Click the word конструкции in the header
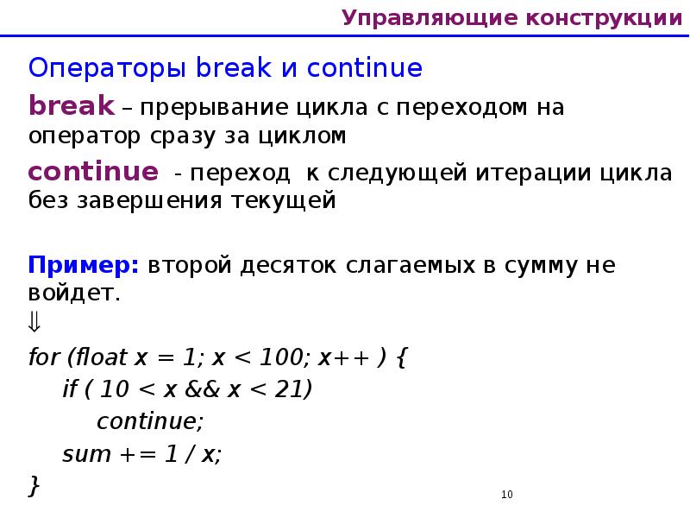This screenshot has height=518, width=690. click(603, 17)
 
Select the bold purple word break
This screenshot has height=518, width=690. click(72, 105)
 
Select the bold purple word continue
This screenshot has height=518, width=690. click(93, 170)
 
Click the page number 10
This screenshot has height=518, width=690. click(506, 495)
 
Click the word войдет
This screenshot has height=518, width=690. click(72, 293)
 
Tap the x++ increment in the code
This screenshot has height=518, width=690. click(337, 357)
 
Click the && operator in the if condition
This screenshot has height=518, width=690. click(204, 389)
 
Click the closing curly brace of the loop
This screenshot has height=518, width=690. click(34, 486)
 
